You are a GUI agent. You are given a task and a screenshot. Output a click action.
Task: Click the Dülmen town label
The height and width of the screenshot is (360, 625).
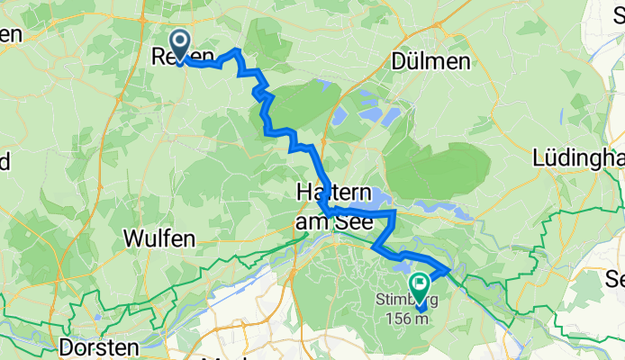click(431, 61)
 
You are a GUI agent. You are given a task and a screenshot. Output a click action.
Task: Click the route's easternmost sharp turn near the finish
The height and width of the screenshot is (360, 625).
click(448, 267)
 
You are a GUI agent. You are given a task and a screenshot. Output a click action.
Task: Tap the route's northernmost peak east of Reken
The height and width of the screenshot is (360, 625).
click(236, 50)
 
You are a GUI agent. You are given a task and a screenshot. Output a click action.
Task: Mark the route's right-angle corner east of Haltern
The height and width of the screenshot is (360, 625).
click(395, 212)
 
